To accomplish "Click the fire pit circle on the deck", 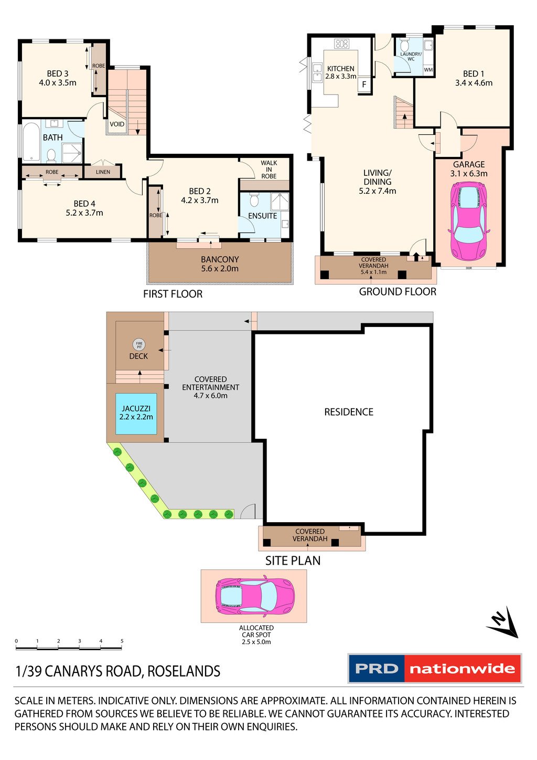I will (139, 345).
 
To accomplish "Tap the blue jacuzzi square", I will (136, 414).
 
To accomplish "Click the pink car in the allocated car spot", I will (255, 596).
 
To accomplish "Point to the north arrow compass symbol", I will (503, 623).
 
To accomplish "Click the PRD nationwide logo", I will (435, 669).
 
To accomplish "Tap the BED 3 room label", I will (58, 78).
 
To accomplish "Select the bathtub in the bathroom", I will (31, 142).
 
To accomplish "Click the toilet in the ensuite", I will (254, 200).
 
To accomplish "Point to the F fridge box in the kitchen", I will (364, 85).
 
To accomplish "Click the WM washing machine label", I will (428, 70).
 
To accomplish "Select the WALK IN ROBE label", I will (269, 170).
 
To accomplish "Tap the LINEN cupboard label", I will (103, 172).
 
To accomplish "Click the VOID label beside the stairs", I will (117, 124).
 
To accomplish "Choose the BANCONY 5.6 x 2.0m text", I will (220, 264).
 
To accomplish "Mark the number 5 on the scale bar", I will (122, 641).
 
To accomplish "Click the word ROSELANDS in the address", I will (184, 671).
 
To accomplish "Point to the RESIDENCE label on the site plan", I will (349, 412).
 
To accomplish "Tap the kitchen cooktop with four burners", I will (342, 44).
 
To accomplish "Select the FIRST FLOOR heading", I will (173, 294).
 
